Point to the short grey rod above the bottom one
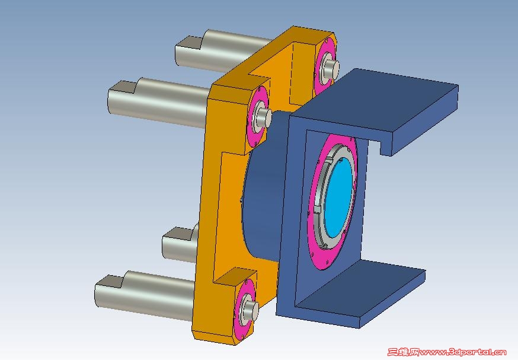pos(180,244)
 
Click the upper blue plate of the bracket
pos(380,103)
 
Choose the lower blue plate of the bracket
pos(360,291)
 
